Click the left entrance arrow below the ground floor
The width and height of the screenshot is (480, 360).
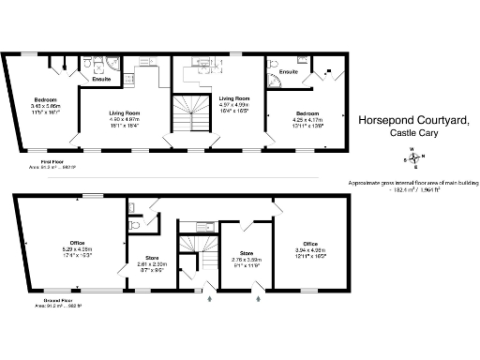pyautogui.click(x=210, y=299)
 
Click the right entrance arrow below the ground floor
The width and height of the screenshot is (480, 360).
pyautogui.click(x=258, y=299)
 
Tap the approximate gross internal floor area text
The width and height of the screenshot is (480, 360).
pyautogui.click(x=413, y=185)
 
